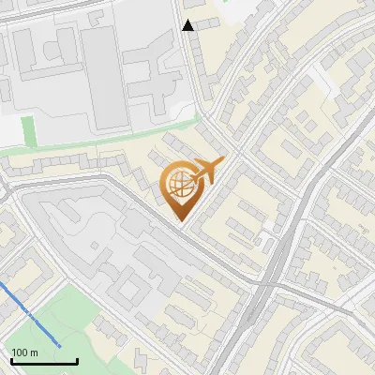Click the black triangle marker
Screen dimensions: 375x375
tap(188, 25)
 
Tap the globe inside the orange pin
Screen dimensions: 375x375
tap(180, 185)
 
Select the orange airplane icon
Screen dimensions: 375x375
tap(208, 171)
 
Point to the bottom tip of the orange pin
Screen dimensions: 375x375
tap(181, 221)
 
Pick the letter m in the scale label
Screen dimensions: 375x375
tap(34, 352)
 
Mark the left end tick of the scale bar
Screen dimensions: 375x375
tap(11, 360)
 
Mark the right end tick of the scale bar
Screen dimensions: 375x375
tap(77, 360)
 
